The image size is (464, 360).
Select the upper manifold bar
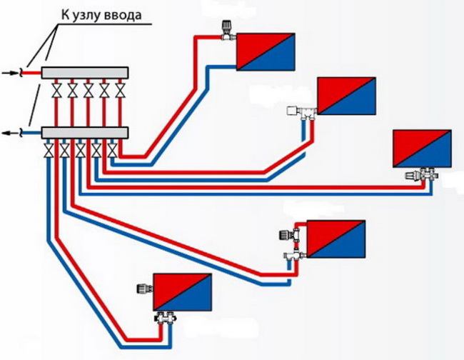point(84,72)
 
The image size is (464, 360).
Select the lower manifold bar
point(84,133)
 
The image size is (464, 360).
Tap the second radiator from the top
point(346,95)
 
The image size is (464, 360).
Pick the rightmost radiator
point(422,149)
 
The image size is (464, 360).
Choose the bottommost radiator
point(184,292)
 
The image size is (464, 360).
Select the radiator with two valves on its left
point(336,239)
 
